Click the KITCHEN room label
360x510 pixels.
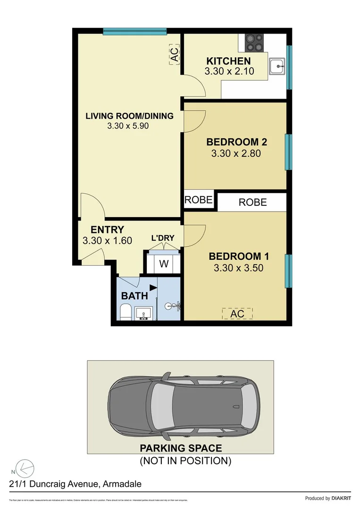[228, 61]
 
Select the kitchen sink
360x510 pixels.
[276, 67]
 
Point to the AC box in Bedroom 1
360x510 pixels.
[237, 314]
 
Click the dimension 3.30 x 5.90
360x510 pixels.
[128, 126]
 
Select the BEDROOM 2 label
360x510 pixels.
[233, 142]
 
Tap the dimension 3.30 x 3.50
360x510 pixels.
[238, 268]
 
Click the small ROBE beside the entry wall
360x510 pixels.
[198, 200]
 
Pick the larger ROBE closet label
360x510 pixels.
[252, 202]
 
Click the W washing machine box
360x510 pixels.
[163, 264]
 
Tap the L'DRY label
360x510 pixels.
[163, 238]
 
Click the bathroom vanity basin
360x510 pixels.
[143, 313]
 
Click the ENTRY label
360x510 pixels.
[107, 230]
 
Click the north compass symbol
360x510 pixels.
[24, 468]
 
